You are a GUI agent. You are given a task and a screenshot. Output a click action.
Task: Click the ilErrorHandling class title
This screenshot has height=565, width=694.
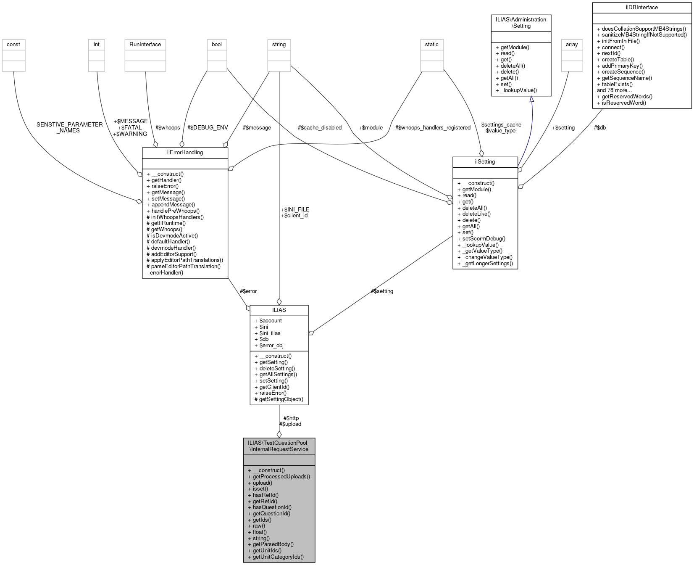tap(185, 153)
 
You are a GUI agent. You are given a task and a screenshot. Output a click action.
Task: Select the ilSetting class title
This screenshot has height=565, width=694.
tap(485, 162)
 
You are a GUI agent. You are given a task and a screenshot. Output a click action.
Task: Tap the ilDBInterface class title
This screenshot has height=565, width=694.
tap(641, 8)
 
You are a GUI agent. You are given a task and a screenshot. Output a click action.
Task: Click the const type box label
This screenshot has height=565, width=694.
tap(13, 45)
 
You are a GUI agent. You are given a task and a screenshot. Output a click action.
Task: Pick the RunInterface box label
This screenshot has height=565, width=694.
tap(145, 45)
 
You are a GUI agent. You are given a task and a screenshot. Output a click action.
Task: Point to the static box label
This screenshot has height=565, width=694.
tap(432, 45)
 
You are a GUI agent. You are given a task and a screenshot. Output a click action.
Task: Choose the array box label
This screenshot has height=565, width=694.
tap(572, 45)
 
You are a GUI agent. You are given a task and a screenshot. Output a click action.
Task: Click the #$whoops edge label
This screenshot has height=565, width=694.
tap(168, 128)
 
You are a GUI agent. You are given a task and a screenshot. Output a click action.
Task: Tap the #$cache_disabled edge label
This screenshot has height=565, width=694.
tap(319, 128)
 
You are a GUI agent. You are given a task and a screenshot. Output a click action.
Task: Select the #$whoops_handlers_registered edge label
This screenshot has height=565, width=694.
tap(433, 128)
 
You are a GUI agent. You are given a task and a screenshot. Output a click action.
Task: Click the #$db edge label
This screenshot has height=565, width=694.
tap(599, 128)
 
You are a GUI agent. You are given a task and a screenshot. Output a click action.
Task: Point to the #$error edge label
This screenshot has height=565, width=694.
tap(248, 291)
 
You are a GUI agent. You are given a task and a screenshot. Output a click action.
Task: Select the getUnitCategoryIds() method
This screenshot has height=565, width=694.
tap(278, 557)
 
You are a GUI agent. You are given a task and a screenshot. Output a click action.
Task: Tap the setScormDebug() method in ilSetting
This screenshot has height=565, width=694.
tap(481, 239)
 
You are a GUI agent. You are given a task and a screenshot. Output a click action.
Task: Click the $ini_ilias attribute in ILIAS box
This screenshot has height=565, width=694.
tap(270, 333)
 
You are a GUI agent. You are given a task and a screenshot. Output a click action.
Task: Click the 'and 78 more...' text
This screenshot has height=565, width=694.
tap(614, 90)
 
